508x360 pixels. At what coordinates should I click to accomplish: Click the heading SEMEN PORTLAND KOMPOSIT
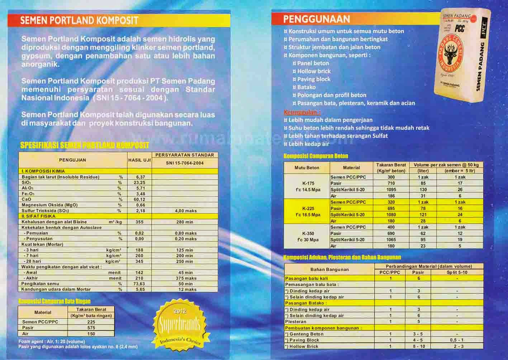tap(79, 20)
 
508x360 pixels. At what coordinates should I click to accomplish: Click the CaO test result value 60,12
tap(139, 199)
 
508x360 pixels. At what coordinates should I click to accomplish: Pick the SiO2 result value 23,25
tap(139, 183)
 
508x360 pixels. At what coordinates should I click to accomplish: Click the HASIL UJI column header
tap(139, 160)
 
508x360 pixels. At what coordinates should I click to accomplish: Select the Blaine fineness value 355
tap(139, 222)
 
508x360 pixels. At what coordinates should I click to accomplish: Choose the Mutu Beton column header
tap(307, 167)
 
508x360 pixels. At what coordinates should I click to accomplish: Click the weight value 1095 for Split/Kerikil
tap(391, 190)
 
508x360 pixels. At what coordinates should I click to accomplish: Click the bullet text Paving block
tap(314, 79)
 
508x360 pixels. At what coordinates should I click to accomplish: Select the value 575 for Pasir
tap(91, 328)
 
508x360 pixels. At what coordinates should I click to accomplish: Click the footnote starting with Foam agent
tap(52, 341)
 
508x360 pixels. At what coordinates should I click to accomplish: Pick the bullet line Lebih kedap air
tap(309, 144)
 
